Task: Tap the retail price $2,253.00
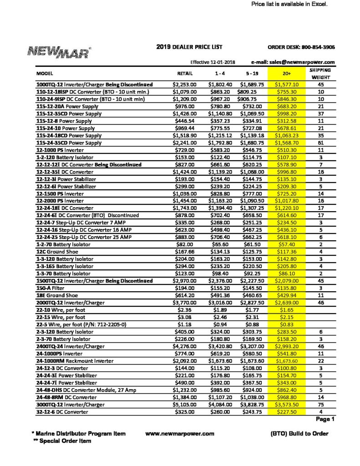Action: point(184,84)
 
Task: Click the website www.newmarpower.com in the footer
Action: point(180,433)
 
